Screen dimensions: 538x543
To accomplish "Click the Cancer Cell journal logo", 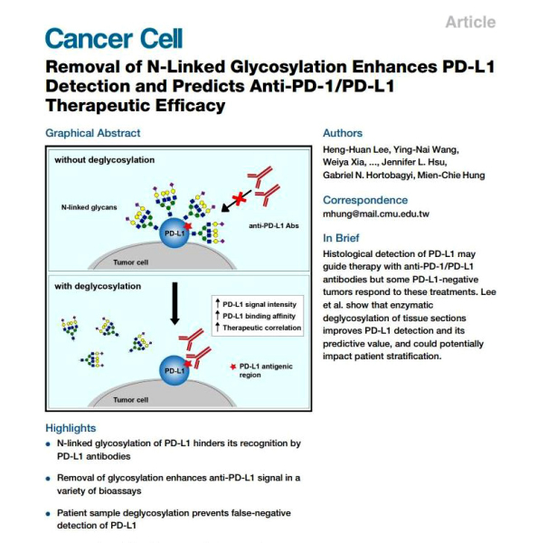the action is [114, 38].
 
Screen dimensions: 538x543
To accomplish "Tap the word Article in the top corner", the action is [470, 22].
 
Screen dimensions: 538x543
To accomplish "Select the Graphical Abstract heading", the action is [93, 133].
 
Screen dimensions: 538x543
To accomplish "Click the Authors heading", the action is [343, 133].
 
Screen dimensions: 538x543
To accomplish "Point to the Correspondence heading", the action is [365, 200].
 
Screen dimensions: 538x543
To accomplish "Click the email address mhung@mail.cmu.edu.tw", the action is [376, 214].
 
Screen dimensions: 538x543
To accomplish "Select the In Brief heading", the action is [341, 238].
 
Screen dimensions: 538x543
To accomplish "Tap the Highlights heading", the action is [71, 428].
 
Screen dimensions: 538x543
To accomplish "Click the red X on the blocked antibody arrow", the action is [239, 199].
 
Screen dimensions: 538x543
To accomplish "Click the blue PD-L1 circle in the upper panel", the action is [175, 233].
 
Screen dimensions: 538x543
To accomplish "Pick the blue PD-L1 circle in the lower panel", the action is [175, 370].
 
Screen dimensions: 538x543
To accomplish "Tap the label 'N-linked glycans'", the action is [89, 207].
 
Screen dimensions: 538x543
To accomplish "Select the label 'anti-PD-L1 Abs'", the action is [274, 225].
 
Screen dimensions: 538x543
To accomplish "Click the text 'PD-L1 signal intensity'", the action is [260, 305].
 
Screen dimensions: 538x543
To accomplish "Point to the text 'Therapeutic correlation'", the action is [262, 328].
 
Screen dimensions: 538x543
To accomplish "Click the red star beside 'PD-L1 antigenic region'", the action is [233, 367].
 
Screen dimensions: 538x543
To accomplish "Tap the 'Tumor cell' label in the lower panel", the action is [131, 400].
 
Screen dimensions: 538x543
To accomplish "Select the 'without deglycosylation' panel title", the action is [105, 160].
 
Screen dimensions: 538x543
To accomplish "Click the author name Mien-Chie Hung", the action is [451, 176].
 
